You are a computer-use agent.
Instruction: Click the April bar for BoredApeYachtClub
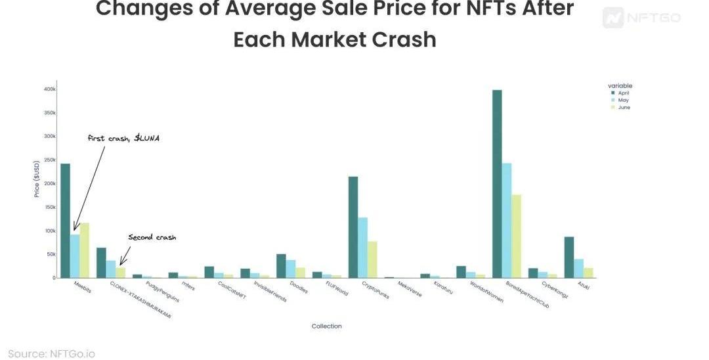coord(497,184)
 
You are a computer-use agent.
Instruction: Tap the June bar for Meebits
coord(84,250)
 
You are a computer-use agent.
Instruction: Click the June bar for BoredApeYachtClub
coord(516,236)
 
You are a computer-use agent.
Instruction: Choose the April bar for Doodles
coord(281,266)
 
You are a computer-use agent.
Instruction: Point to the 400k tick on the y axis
coord(50,89)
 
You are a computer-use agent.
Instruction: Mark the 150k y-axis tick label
coord(50,207)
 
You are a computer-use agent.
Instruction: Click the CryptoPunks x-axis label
coord(362,290)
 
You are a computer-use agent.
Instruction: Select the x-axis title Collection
coord(326,326)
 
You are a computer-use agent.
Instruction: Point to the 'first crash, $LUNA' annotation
coord(123,139)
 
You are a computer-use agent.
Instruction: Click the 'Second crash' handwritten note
coord(152,237)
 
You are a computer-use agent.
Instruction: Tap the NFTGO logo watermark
coord(641,18)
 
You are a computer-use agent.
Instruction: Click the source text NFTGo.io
coord(51,353)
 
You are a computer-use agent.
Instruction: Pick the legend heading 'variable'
coord(620,85)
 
